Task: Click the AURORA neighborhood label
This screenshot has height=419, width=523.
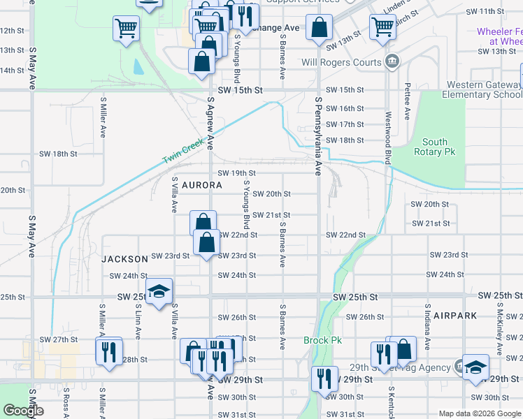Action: [x=201, y=186]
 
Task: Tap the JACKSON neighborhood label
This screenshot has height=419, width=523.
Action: [x=125, y=258]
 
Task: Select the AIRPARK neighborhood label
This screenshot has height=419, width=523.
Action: [x=454, y=316]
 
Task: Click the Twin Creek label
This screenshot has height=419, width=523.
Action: [x=183, y=151]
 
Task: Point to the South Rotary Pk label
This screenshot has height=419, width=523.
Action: [x=434, y=147]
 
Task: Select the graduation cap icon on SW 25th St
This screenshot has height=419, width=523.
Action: [x=159, y=291]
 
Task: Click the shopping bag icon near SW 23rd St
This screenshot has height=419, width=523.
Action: [x=207, y=243]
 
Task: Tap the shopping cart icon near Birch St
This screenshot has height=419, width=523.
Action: [x=382, y=27]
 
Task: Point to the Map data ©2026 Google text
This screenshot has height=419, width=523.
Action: [x=479, y=413]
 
